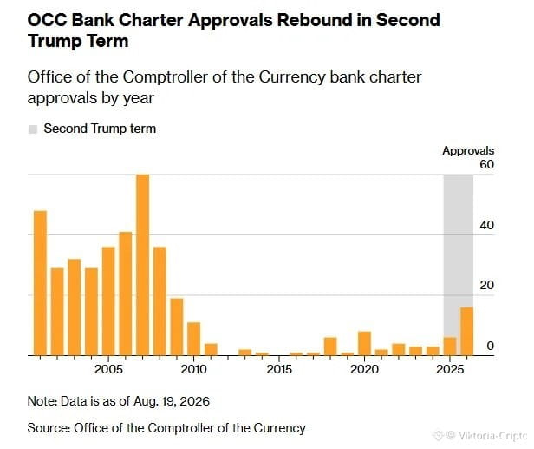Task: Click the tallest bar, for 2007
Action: (143, 265)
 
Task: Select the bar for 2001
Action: (40, 283)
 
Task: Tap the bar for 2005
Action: (108, 301)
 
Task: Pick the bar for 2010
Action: (194, 339)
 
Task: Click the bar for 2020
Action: (364, 344)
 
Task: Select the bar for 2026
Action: (467, 331)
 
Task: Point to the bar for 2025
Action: (450, 347)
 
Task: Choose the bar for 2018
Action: (330, 347)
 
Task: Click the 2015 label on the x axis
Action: (279, 369)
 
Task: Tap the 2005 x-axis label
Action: (108, 369)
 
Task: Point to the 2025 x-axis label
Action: (450, 369)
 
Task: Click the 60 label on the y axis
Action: (486, 164)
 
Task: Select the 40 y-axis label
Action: (486, 225)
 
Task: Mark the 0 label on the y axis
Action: (491, 346)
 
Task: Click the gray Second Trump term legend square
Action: (33, 129)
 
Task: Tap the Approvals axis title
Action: (468, 151)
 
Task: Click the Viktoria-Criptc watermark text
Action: (492, 436)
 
